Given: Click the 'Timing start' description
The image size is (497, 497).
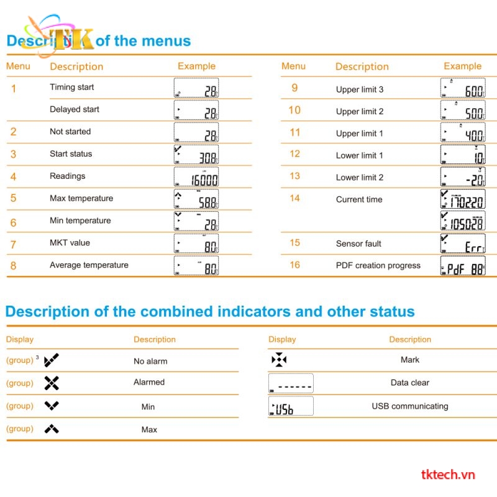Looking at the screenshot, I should pyautogui.click(x=72, y=87).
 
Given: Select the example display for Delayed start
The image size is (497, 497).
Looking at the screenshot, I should pyautogui.click(x=196, y=111).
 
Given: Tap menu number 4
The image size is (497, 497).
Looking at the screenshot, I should pyautogui.click(x=13, y=176).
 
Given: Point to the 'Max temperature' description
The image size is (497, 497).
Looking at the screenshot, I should pyautogui.click(x=81, y=198).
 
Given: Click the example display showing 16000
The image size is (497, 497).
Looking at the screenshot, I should pyautogui.click(x=196, y=177).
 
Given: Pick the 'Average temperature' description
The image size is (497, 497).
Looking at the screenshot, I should pyautogui.click(x=89, y=265).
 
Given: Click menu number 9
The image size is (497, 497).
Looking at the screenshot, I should pyautogui.click(x=294, y=88).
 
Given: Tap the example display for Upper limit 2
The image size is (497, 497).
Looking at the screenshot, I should pyautogui.click(x=463, y=111).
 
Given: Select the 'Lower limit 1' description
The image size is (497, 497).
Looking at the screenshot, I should pyautogui.click(x=360, y=155).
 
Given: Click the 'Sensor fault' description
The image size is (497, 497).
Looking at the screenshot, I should pyautogui.click(x=358, y=244).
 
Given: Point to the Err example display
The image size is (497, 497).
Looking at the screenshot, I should pyautogui.click(x=463, y=244).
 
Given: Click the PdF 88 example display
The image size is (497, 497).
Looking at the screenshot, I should pyautogui.click(x=463, y=267).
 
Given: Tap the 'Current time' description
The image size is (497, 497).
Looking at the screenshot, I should pyautogui.click(x=359, y=199).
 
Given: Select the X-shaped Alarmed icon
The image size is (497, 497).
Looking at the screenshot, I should pyautogui.click(x=52, y=383).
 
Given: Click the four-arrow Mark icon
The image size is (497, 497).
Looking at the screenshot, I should pyautogui.click(x=279, y=360).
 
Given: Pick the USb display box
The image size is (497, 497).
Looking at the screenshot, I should pyautogui.click(x=291, y=406).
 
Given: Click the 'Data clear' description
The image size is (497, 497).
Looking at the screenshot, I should pyautogui.click(x=410, y=383).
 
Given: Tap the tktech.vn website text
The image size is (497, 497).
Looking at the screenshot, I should pyautogui.click(x=448, y=475).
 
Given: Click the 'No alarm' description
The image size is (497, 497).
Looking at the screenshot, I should pyautogui.click(x=150, y=361).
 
